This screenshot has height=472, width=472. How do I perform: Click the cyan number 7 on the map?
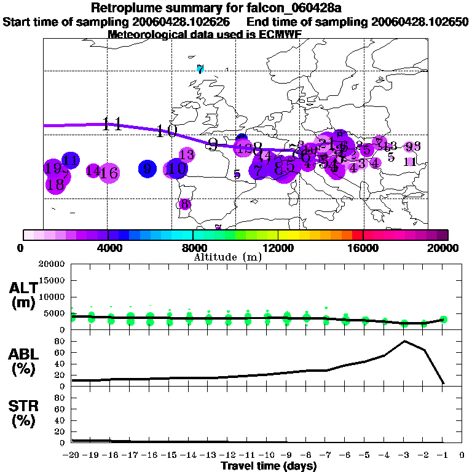(x=200, y=69)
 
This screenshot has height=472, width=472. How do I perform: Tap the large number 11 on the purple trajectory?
(x=112, y=124)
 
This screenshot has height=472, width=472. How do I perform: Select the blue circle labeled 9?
(x=147, y=168)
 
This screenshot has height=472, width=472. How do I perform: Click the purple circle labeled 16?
(x=109, y=173)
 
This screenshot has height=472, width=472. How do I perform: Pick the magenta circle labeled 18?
(x=55, y=184)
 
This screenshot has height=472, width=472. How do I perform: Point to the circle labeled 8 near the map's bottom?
(x=184, y=204)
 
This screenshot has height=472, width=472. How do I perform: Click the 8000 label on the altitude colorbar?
(x=193, y=248)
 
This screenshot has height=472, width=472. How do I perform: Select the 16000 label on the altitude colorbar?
(x=363, y=248)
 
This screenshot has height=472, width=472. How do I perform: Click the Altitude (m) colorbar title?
(x=228, y=257)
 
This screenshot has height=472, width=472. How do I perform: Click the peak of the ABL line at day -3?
(x=404, y=341)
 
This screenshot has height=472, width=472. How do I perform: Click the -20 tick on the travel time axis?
(x=72, y=455)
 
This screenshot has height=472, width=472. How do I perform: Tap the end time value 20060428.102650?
(x=420, y=22)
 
